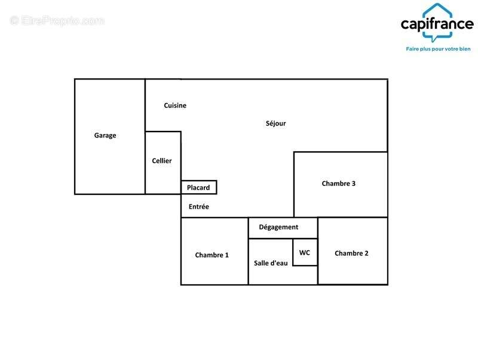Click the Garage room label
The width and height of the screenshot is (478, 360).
pyautogui.click(x=105, y=136)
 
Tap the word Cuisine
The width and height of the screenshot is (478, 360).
pyautogui.click(x=175, y=105)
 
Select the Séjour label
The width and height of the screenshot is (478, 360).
pyautogui.click(x=275, y=123)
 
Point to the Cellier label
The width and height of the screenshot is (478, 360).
pyautogui.click(x=162, y=161)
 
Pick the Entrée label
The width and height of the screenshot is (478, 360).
pyautogui.click(x=199, y=206)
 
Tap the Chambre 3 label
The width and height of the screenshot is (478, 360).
pyautogui.click(x=338, y=184)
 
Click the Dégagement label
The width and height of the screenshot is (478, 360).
pyautogui.click(x=278, y=227)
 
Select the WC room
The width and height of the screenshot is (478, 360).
pyautogui.click(x=305, y=252)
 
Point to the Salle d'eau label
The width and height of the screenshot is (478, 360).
pyautogui.click(x=271, y=263)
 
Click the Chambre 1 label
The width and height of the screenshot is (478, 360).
pyautogui.click(x=212, y=255)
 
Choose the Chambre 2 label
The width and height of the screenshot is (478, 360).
pyautogui.click(x=351, y=253)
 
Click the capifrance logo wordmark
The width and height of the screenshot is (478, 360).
pyautogui.click(x=437, y=25)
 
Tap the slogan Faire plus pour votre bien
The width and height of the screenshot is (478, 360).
pyautogui.click(x=438, y=49)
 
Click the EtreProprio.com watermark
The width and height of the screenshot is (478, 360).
pyautogui.click(x=57, y=21)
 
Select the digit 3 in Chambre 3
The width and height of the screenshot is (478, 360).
pyautogui.click(x=353, y=184)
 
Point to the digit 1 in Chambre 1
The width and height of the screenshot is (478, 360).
pyautogui.click(x=227, y=255)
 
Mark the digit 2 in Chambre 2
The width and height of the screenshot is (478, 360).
pyautogui.click(x=366, y=253)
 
